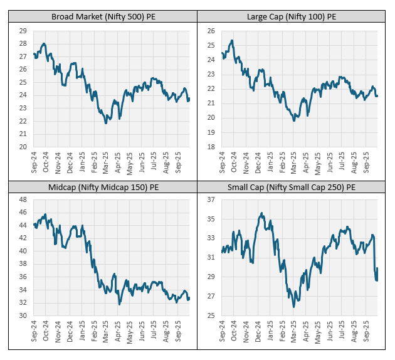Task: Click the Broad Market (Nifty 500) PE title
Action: click(x=103, y=17)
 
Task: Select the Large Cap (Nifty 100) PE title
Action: click(x=292, y=17)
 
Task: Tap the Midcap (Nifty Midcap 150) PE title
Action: click(x=103, y=187)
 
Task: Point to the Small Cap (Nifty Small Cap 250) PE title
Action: click(x=292, y=187)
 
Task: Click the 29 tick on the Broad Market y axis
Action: click(x=23, y=31)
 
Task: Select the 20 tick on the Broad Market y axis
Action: click(x=23, y=147)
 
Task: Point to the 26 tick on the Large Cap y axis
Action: click(x=211, y=31)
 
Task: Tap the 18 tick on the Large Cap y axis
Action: click(x=211, y=147)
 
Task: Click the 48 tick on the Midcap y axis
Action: click(x=23, y=199)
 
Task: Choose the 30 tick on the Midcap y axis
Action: click(x=23, y=315)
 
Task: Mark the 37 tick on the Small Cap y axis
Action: click(x=211, y=199)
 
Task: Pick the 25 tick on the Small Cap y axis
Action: click(x=211, y=315)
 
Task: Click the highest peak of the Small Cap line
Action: click(x=261, y=213)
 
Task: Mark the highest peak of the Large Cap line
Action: click(x=232, y=40)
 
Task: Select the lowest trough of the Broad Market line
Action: click(x=106, y=123)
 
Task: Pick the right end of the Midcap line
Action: click(x=189, y=298)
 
